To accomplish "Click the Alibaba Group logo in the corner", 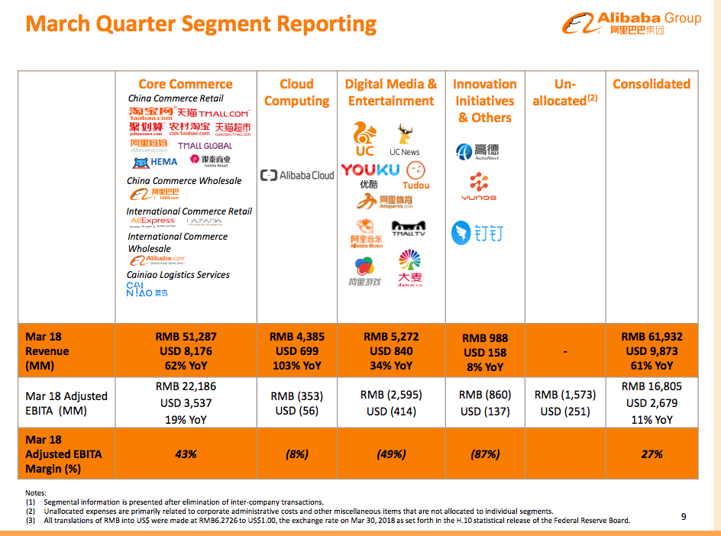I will (632, 24).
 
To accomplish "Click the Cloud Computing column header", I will (296, 92).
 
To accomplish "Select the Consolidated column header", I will (651, 84).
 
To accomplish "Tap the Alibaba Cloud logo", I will (297, 176).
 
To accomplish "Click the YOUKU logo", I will (370, 170).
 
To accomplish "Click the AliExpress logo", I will (153, 222).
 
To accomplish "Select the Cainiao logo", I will (146, 289).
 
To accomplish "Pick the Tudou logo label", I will (416, 185).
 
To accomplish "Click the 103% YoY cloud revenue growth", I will (296, 366).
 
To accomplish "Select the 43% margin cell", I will (185, 454).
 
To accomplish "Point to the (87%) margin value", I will (485, 454).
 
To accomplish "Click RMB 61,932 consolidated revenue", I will (651, 337).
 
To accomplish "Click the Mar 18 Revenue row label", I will (47, 351).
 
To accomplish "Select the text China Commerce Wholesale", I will (184, 181).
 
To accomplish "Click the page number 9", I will (684, 517).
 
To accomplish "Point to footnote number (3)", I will (30, 521).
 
